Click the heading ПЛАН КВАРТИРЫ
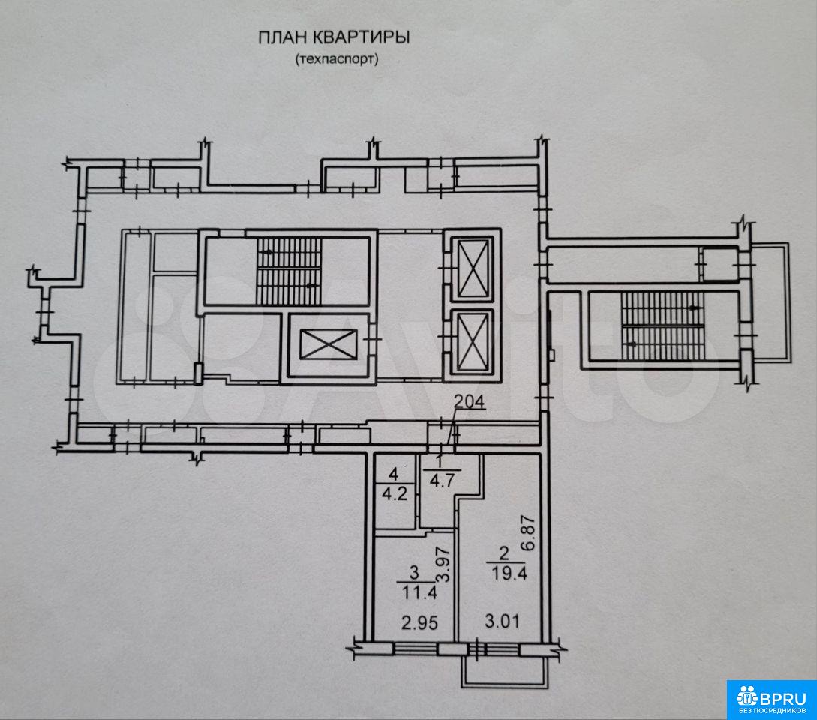[334, 38]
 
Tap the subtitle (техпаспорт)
[337, 59]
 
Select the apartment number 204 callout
[470, 402]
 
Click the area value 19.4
[509, 574]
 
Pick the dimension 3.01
[502, 621]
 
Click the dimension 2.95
[419, 622]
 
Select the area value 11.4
[419, 592]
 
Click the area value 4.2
[395, 493]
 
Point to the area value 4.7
[442, 479]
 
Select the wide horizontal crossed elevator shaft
[329, 344]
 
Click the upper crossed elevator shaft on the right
[472, 267]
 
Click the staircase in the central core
[289, 271]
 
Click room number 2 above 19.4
[503, 553]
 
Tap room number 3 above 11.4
[415, 573]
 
